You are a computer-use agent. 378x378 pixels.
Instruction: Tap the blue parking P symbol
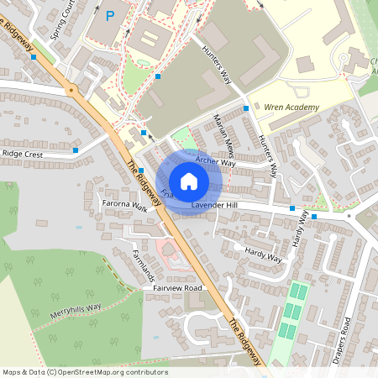tap(111, 14)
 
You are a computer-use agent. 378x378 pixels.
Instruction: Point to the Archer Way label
tap(216, 161)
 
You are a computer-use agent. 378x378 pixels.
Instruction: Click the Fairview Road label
tap(178, 288)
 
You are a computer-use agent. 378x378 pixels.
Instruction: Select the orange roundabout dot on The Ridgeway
tap(71, 89)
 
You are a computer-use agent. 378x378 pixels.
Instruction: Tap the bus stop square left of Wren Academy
tap(246, 108)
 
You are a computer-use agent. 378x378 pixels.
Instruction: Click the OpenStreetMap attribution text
tap(84, 372)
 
